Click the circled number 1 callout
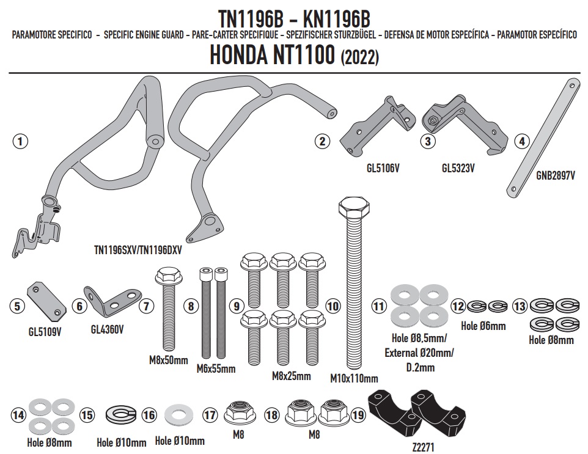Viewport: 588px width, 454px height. click(x=20, y=141)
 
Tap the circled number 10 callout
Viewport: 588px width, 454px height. click(x=333, y=306)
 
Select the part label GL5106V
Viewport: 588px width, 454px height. click(x=383, y=169)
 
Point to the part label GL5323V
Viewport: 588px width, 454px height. click(x=458, y=169)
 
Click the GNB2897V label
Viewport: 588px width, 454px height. click(x=556, y=175)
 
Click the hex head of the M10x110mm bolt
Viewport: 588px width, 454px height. click(x=354, y=206)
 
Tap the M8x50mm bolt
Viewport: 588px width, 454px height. click(x=169, y=309)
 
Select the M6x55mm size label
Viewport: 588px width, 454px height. click(x=216, y=369)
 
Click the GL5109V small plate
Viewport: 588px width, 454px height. click(x=46, y=301)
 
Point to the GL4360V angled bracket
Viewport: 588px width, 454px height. click(x=111, y=300)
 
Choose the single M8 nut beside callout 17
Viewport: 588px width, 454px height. click(x=238, y=414)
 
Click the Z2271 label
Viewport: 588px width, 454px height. click(x=422, y=447)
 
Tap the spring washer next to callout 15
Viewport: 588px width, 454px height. click(x=120, y=415)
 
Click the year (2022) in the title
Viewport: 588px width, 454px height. click(x=359, y=58)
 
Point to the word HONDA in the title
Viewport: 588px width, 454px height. click(x=238, y=55)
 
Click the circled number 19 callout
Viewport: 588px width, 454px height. click(x=359, y=415)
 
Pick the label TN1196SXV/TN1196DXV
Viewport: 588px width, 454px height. click(x=138, y=250)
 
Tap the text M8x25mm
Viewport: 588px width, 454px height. click(x=292, y=376)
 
